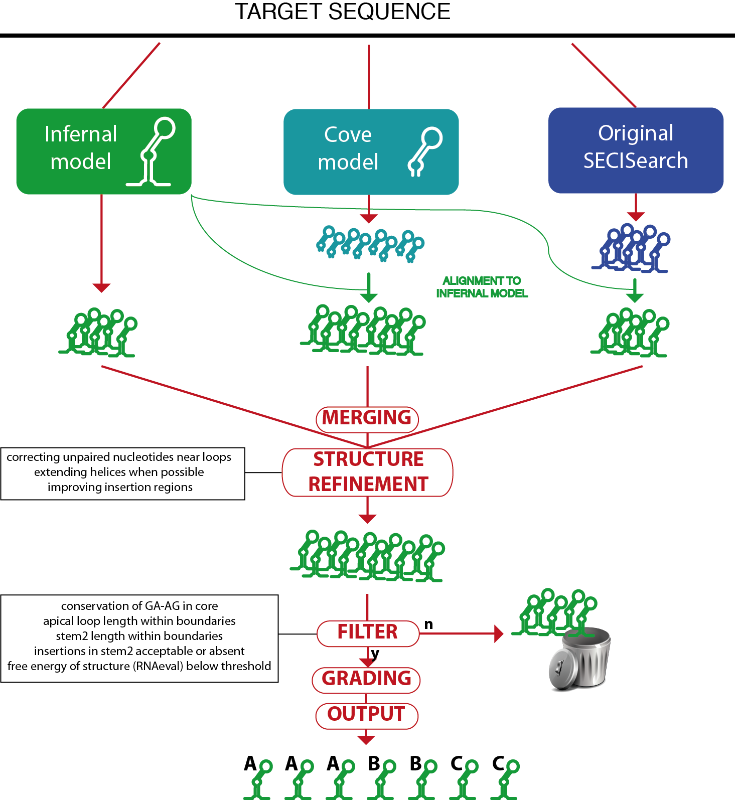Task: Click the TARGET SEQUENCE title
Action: click(343, 12)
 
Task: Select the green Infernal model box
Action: click(104, 151)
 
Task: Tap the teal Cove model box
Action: click(371, 152)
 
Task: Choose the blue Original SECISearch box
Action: click(636, 150)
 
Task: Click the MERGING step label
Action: click(367, 418)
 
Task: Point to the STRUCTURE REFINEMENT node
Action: click(368, 472)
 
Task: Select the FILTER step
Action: click(368, 632)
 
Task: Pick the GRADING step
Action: click(366, 679)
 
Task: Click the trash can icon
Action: click(580, 658)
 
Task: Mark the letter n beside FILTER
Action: click(428, 624)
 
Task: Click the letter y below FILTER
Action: click(375, 654)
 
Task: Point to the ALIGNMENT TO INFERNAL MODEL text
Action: click(482, 287)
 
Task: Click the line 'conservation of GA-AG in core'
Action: click(139, 606)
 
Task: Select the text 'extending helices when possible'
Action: click(119, 472)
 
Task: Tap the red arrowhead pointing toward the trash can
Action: click(499, 633)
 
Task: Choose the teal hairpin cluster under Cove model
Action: click(370, 244)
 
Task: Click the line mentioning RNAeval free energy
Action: click(139, 666)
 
